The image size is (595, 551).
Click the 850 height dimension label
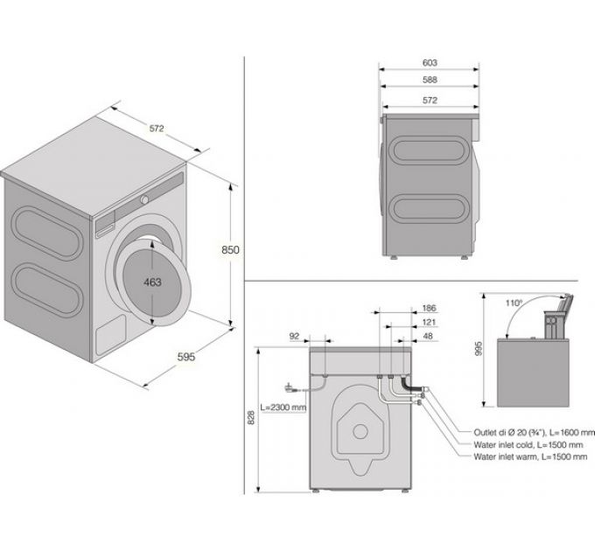tap(229, 249)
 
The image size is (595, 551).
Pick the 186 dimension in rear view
tap(429, 309)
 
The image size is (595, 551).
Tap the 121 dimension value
tap(429, 322)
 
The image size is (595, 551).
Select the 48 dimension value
tap(429, 335)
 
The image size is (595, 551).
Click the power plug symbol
tap(290, 387)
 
